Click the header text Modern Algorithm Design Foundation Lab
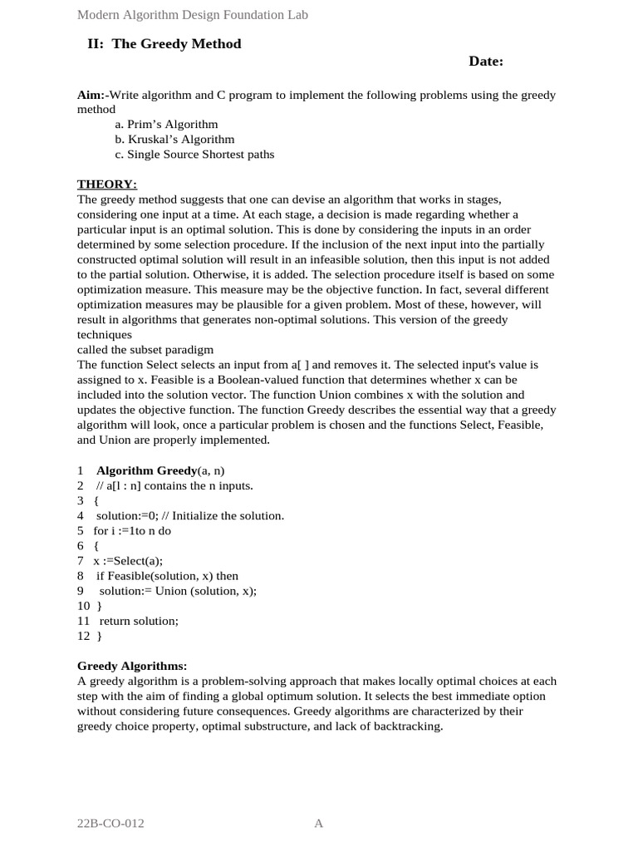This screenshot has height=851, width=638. (x=192, y=15)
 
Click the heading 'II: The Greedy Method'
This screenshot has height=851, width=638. (x=164, y=44)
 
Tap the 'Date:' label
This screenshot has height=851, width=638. (x=486, y=61)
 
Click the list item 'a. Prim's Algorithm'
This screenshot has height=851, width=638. (x=166, y=124)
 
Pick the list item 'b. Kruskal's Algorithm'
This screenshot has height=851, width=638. (x=174, y=139)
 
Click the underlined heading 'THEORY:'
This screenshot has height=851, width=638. (x=107, y=184)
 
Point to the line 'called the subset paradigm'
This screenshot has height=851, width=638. (x=145, y=349)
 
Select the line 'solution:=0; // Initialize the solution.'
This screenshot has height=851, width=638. (x=190, y=515)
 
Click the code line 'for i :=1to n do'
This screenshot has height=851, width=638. (x=132, y=530)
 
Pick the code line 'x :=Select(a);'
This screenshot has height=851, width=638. (x=128, y=560)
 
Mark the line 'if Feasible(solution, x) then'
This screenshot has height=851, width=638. (x=167, y=575)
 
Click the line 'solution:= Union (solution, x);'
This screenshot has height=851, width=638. (x=178, y=590)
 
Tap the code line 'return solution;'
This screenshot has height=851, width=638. (x=139, y=620)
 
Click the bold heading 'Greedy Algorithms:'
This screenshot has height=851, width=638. (x=132, y=666)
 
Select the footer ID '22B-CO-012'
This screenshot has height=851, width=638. (x=110, y=824)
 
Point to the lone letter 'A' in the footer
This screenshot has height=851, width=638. (x=318, y=824)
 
